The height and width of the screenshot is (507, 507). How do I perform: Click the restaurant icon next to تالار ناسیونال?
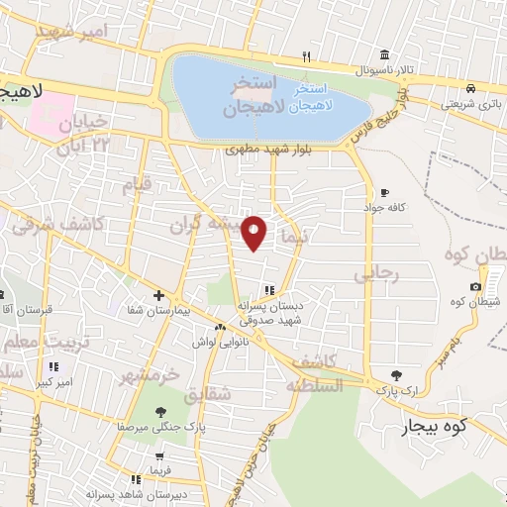click(x=307, y=56)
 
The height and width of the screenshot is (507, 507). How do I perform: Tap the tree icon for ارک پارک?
click(x=397, y=375)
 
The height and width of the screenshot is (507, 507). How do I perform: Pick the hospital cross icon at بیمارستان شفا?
click(x=159, y=295)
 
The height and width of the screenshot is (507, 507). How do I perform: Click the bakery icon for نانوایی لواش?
click(x=220, y=328)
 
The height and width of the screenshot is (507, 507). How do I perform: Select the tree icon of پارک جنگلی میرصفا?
click(x=160, y=412)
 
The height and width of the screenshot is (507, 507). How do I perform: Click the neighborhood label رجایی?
click(x=380, y=274)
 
